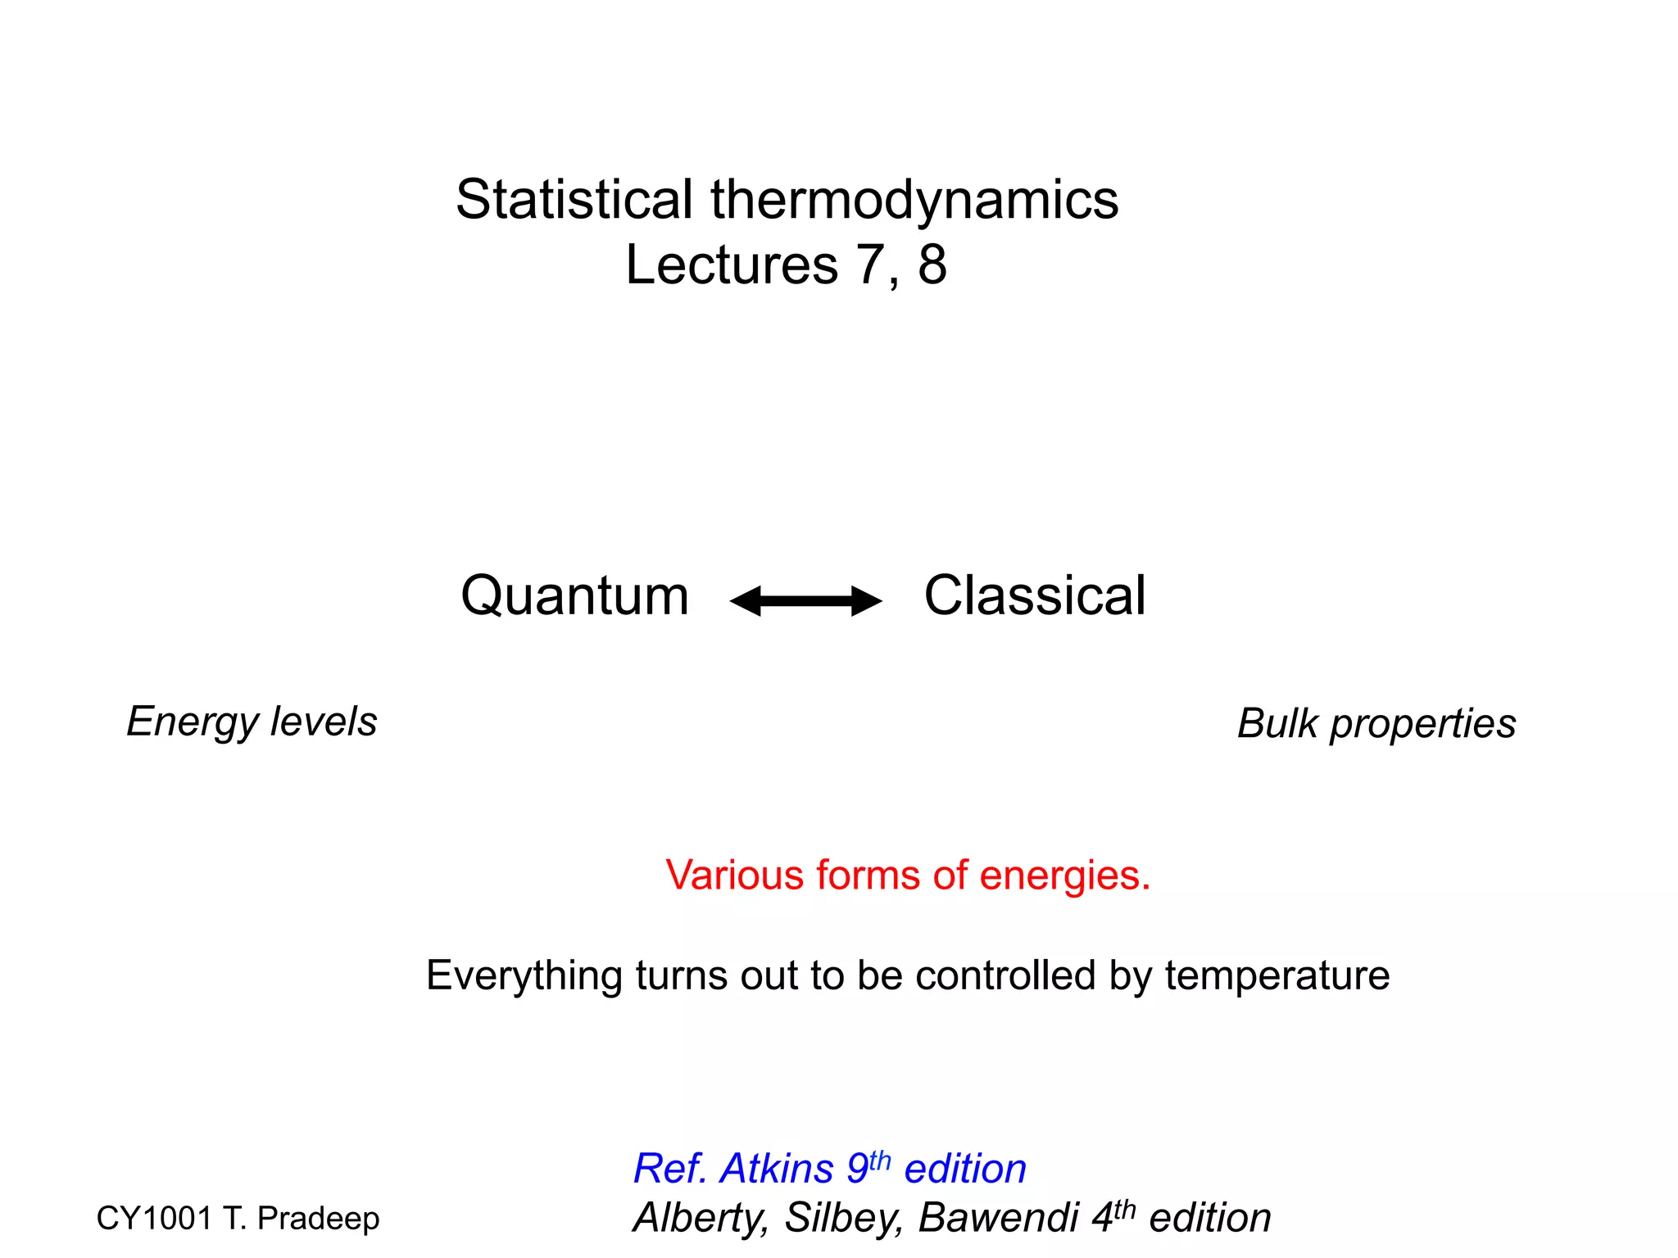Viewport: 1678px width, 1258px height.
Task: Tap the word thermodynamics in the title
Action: click(x=914, y=201)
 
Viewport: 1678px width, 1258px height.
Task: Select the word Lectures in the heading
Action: click(x=732, y=265)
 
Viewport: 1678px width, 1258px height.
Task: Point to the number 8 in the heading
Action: click(x=932, y=265)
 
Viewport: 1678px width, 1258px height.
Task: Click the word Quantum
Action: click(x=574, y=595)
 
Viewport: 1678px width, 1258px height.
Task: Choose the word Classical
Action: click(x=1034, y=595)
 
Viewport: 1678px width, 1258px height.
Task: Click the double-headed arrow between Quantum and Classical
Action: click(x=805, y=601)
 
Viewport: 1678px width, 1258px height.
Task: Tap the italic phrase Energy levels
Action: click(x=252, y=722)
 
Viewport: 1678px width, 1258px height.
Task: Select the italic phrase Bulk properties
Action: click(x=1376, y=724)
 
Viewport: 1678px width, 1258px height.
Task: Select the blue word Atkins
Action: click(x=777, y=1169)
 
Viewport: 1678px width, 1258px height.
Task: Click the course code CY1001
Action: click(x=154, y=1219)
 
